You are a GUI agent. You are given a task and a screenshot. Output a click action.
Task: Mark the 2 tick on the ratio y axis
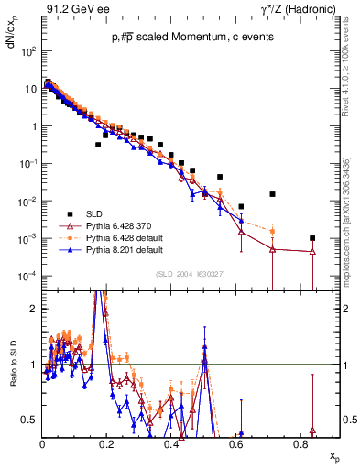coord(35,309)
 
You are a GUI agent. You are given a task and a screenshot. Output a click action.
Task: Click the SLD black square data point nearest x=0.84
coord(313,237)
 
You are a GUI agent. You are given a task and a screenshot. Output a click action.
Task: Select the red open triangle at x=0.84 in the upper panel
coord(313,251)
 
